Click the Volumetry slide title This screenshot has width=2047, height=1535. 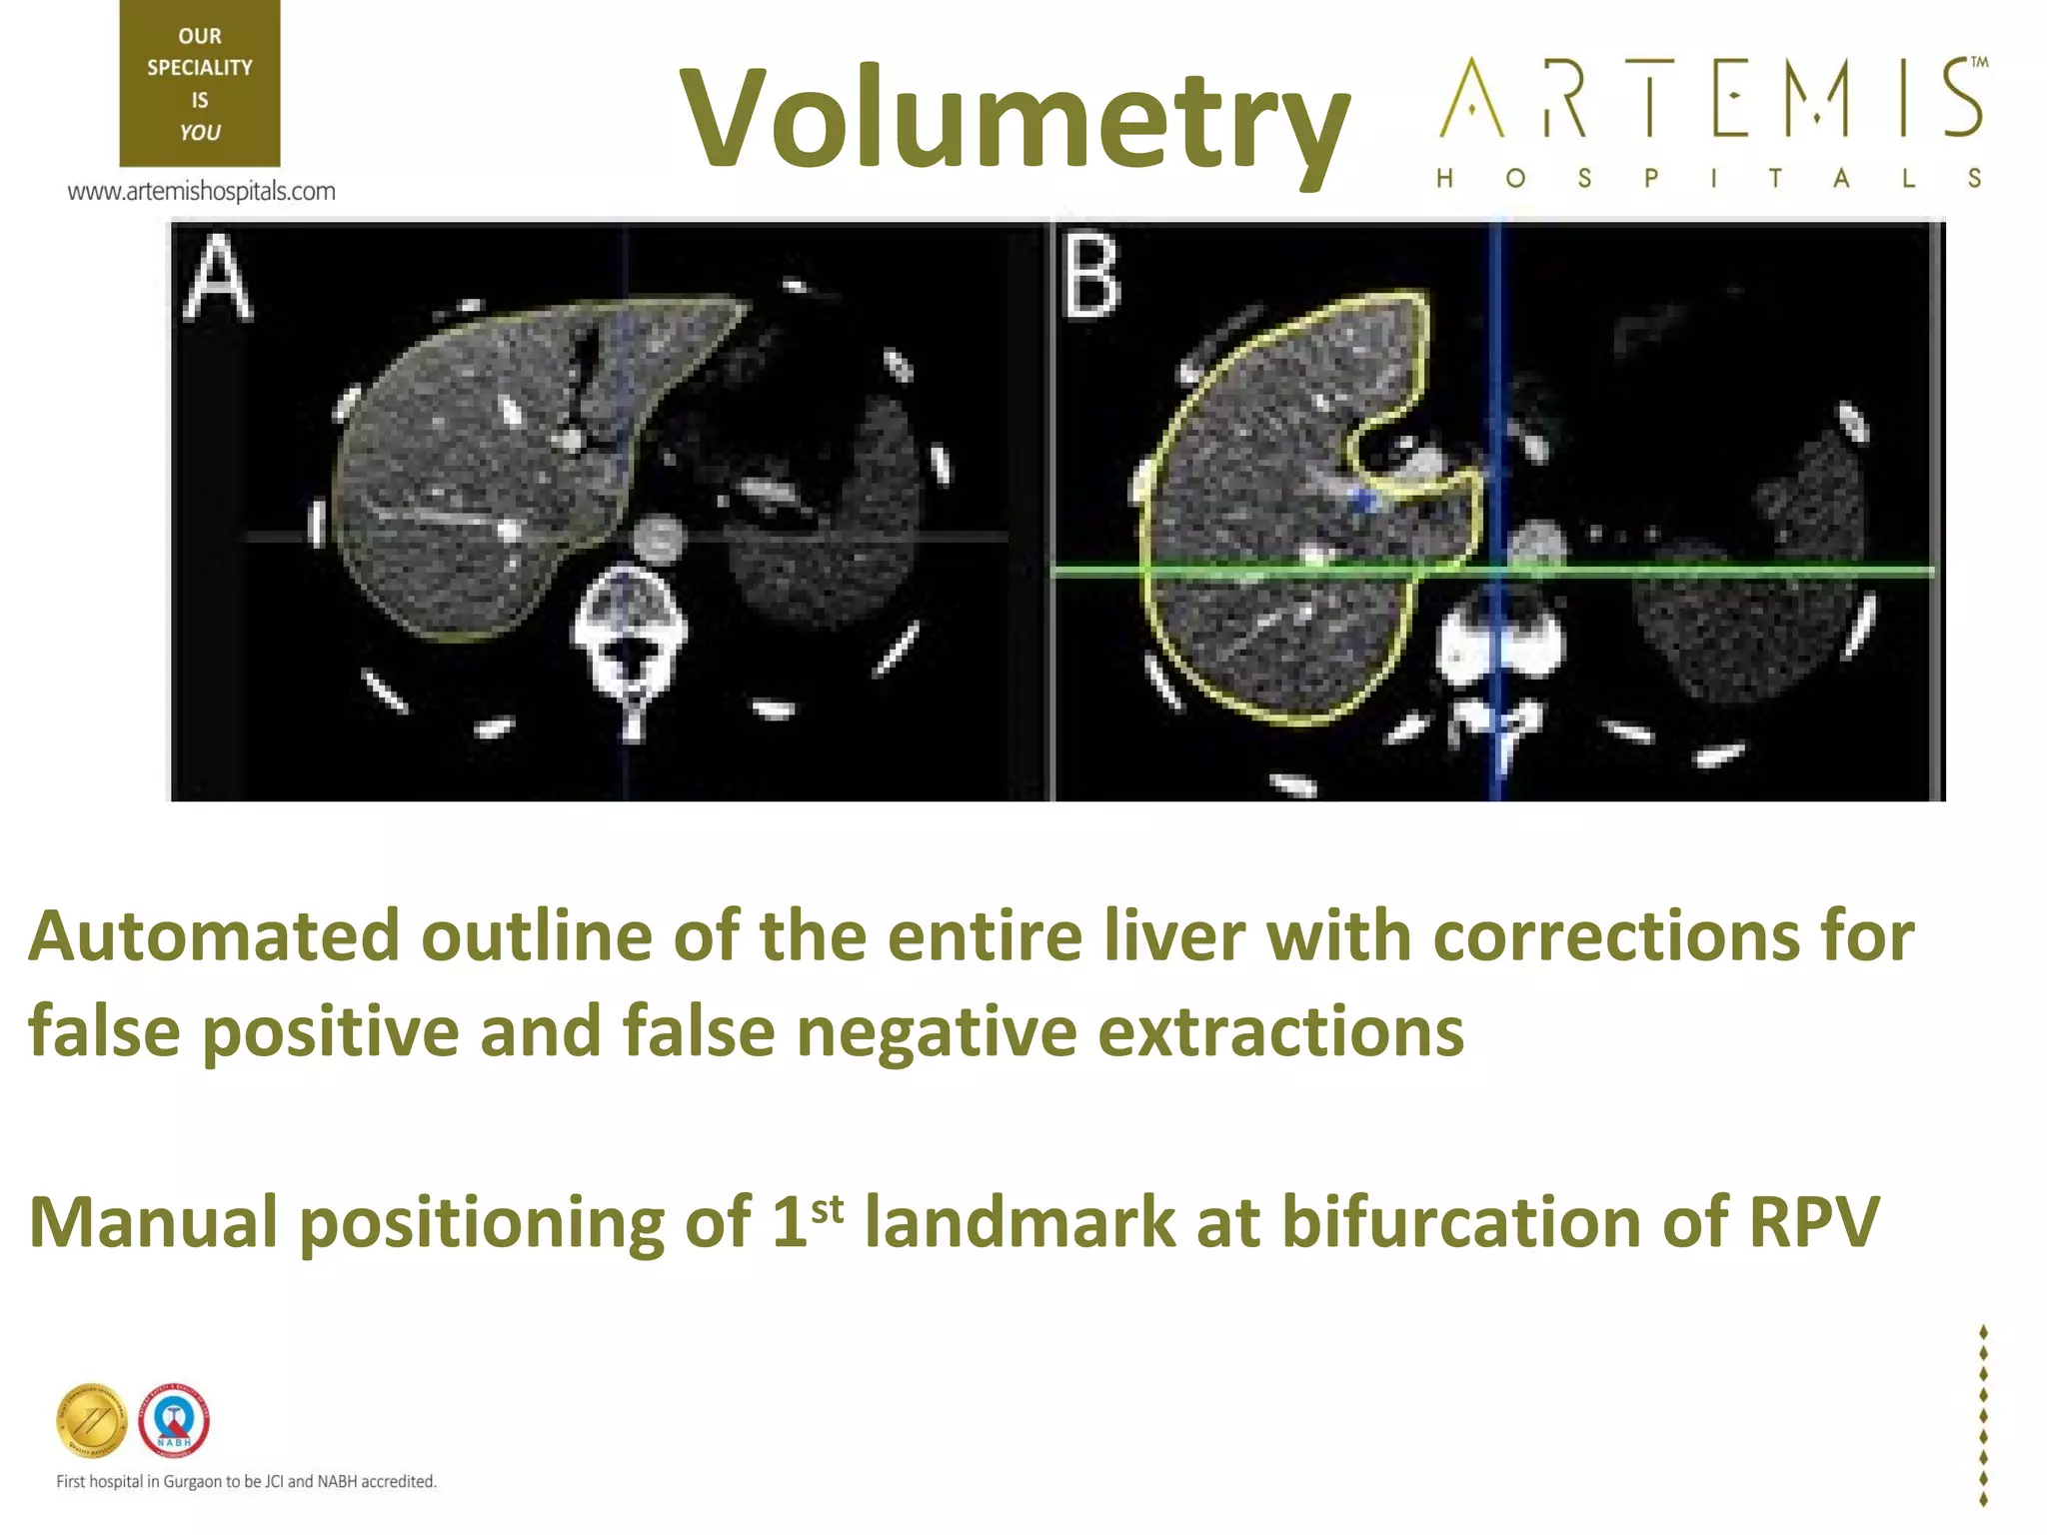(1014, 118)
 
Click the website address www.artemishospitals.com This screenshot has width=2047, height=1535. (201, 191)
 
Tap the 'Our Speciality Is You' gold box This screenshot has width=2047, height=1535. (200, 83)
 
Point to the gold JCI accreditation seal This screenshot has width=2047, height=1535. (92, 1420)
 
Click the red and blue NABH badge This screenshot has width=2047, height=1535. (174, 1420)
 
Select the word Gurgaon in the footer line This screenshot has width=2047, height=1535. (194, 1481)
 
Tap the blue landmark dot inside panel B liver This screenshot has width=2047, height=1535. (1360, 501)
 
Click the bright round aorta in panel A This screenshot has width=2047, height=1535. (658, 539)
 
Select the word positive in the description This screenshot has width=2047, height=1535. (330, 1031)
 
